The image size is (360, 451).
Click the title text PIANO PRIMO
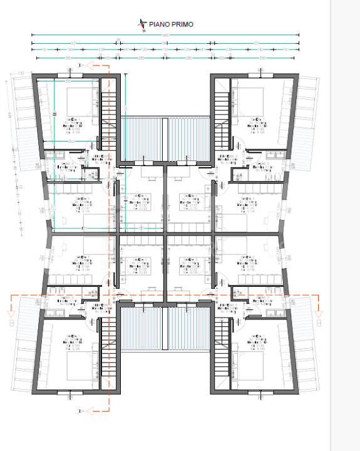click(171, 24)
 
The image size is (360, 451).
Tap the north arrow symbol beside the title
click(143, 24)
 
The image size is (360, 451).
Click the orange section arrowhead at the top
click(91, 64)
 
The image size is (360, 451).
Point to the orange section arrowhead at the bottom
click(91, 410)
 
